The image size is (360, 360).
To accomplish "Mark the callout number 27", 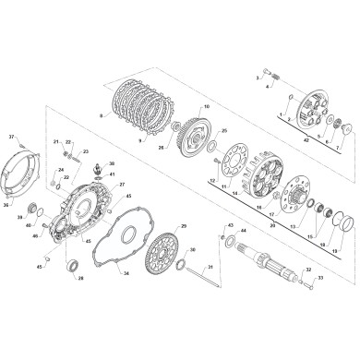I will pyautogui.click(x=120, y=184).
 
